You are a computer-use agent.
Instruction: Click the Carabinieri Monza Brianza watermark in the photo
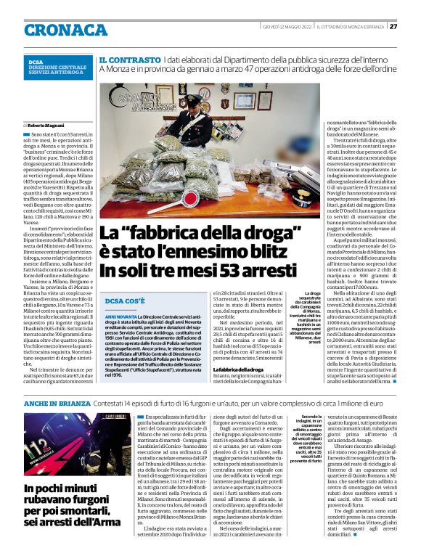(142, 97)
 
